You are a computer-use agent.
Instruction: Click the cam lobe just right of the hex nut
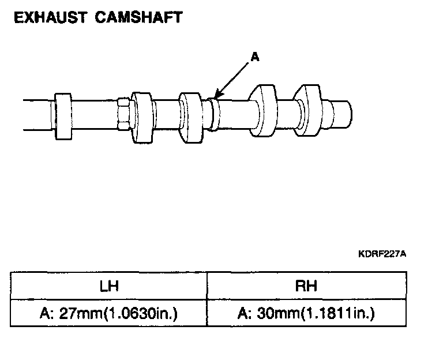click(141, 117)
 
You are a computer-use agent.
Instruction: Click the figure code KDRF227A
click(381, 253)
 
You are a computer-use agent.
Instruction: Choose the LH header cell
click(108, 285)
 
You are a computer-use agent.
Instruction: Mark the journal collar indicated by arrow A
click(213, 114)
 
